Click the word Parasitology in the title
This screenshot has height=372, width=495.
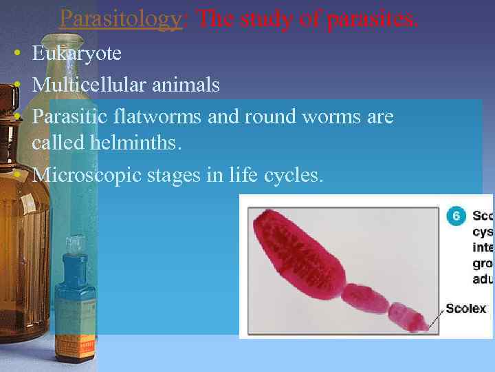click(x=120, y=19)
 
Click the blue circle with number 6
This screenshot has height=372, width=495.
click(x=455, y=216)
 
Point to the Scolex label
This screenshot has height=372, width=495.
click(x=465, y=309)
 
